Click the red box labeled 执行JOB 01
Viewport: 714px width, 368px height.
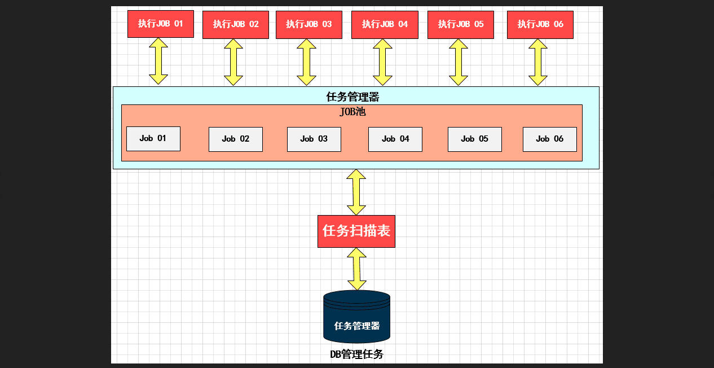[161, 24]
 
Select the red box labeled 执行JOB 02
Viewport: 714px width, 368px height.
[236, 25]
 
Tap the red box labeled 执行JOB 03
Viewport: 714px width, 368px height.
[309, 25]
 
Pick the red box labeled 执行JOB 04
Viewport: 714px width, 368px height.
[385, 25]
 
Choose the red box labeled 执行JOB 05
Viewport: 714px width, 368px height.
[461, 25]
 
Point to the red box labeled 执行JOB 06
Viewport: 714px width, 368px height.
[540, 25]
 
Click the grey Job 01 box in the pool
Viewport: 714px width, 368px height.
[153, 139]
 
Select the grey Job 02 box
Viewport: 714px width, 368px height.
[236, 139]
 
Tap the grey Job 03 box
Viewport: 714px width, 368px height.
[314, 139]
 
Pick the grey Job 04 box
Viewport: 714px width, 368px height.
[395, 139]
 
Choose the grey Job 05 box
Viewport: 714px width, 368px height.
[475, 139]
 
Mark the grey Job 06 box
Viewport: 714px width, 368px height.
[550, 139]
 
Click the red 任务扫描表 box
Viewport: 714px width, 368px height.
[356, 231]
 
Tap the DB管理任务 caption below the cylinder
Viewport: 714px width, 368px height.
[356, 354]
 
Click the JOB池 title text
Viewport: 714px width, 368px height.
[352, 112]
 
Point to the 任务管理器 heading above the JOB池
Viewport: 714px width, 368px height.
[353, 97]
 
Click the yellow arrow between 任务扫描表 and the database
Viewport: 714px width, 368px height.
[357, 269]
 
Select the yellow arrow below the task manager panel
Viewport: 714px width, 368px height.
[356, 192]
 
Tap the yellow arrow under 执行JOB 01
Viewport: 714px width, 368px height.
[158, 62]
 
